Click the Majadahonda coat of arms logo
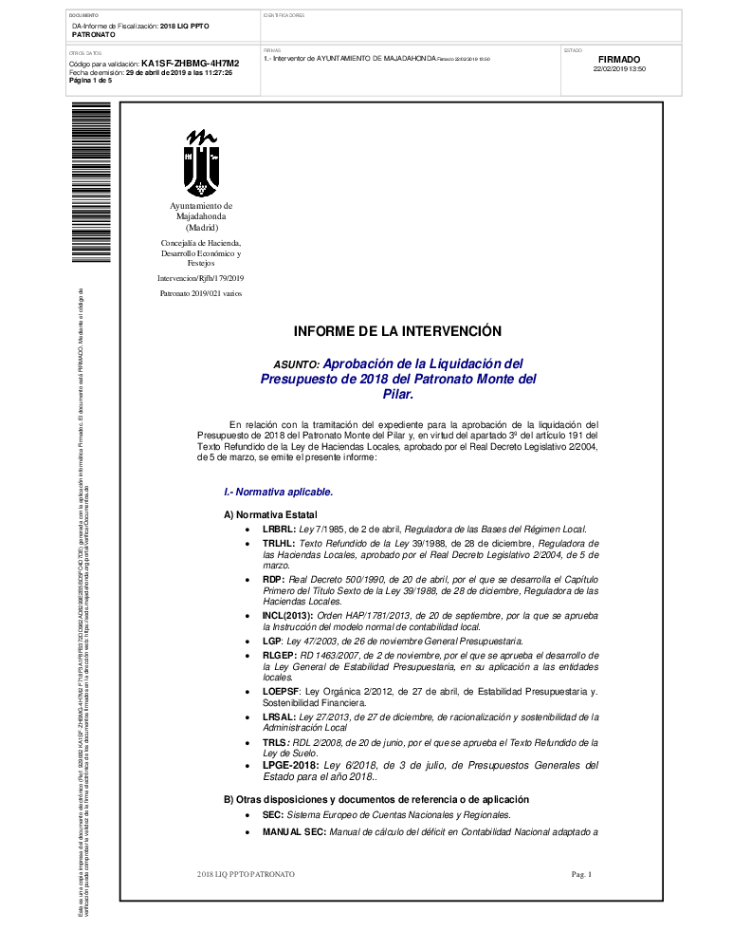point(201,162)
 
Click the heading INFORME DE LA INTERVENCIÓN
point(396,331)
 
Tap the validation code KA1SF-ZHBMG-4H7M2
point(190,64)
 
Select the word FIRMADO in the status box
point(619,59)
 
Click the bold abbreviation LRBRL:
point(279,529)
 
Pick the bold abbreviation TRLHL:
point(279,544)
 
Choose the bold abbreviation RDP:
point(273,579)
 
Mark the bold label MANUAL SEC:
point(294,831)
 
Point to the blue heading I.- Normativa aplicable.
point(278,493)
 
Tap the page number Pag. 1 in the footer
point(581,873)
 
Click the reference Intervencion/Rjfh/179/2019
point(201,278)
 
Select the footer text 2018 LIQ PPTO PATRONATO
point(246,873)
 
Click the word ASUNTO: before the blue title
point(296,364)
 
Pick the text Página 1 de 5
point(91,81)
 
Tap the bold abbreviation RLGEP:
point(281,656)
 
